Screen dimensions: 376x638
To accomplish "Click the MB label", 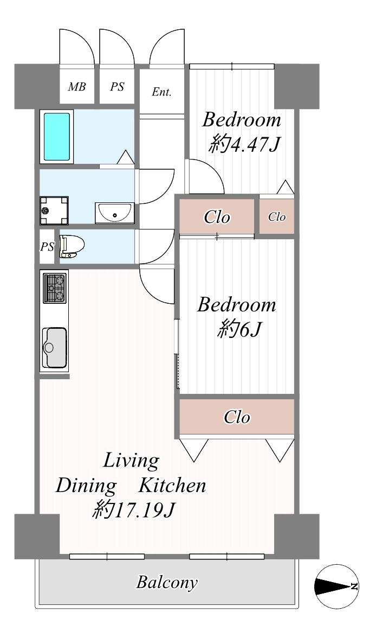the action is pyautogui.click(x=77, y=87).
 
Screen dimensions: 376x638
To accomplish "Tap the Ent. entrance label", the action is pyautogui.click(x=161, y=92).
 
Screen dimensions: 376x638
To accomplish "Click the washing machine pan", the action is pyautogui.click(x=54, y=210).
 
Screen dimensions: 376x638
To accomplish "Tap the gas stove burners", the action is pyautogui.click(x=55, y=288).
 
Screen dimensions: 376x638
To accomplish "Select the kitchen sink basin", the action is pyautogui.click(x=55, y=347).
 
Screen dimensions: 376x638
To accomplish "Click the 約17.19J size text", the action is pyautogui.click(x=133, y=509).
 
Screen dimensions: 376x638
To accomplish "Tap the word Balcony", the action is pyautogui.click(x=167, y=582).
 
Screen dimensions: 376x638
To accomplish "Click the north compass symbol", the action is pyautogui.click(x=336, y=586).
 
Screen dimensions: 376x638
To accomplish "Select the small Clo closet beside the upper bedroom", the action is pyautogui.click(x=277, y=216).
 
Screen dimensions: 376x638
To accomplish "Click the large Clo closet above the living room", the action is pyautogui.click(x=237, y=417).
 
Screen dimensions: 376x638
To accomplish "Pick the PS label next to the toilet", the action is pyautogui.click(x=47, y=247).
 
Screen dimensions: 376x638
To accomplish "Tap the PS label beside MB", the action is pyautogui.click(x=117, y=87).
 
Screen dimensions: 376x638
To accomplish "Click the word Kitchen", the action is pyautogui.click(x=172, y=485).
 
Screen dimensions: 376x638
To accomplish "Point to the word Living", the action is pyautogui.click(x=131, y=461).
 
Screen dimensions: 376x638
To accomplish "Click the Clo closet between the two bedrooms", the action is pyautogui.click(x=217, y=217).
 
